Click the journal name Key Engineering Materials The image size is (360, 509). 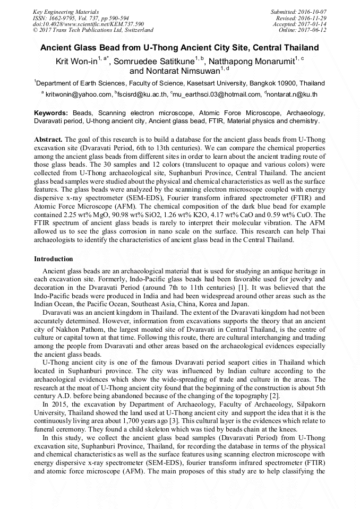coord(66,11)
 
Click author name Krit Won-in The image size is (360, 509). coord(76,62)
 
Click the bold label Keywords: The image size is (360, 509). coord(51,113)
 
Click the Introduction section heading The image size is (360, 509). coord(54,259)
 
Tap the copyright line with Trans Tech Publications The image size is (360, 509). coord(93,30)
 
